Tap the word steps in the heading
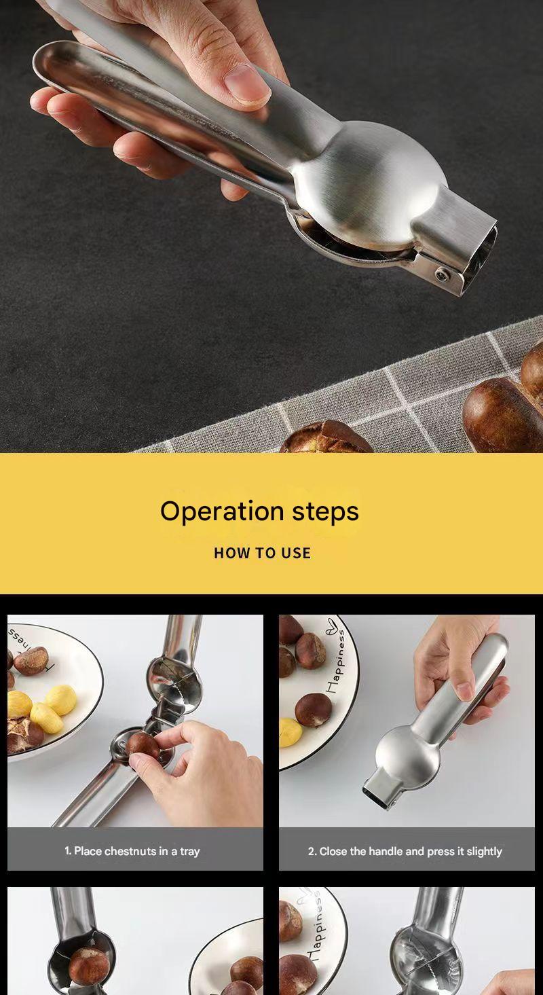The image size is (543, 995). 325,512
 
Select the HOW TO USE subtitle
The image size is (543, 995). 263,553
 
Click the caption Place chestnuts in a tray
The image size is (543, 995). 136,851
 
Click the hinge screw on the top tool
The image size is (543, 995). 442,275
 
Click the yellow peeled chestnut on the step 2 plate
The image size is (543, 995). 291,732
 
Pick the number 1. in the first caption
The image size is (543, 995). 69,850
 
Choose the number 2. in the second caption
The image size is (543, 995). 313,851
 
